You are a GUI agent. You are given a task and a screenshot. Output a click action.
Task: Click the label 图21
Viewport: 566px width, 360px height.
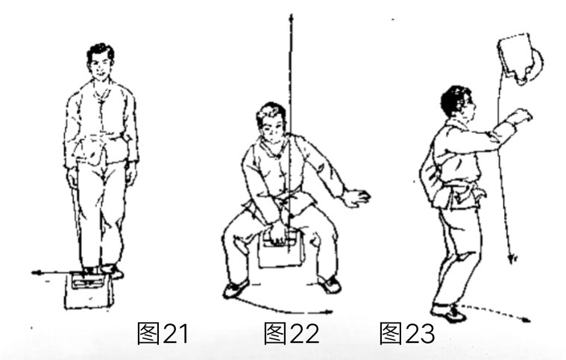coord(163,334)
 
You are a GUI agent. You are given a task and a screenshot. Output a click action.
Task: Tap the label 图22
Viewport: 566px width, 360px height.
coord(291,334)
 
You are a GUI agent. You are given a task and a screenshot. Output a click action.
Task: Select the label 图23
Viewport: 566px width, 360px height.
coord(406,334)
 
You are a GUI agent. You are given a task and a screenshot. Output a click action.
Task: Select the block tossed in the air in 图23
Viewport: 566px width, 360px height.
coord(520,57)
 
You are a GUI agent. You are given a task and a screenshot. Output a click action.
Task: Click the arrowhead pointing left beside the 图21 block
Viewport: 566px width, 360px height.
coord(35,274)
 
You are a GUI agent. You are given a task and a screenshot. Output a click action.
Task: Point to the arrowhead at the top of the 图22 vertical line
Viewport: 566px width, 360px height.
coord(290,16)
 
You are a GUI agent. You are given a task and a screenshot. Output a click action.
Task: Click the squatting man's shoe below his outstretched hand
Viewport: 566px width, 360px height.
coord(328,285)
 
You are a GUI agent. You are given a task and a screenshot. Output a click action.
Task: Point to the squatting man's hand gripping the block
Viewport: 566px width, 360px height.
coord(276,236)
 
